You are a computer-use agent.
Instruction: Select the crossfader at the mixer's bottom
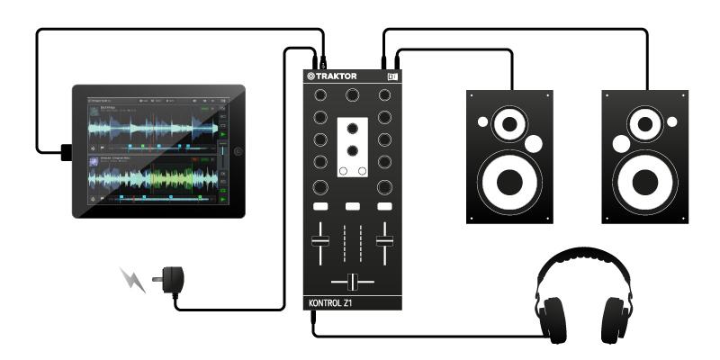tap(352, 281)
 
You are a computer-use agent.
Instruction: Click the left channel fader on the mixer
tap(318, 240)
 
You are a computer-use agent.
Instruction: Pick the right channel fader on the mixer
tap(384, 240)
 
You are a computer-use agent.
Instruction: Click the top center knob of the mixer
tap(352, 94)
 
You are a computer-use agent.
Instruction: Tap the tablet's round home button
tap(238, 151)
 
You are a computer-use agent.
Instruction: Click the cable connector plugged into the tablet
tap(65, 151)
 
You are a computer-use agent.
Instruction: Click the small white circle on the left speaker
tap(534, 142)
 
